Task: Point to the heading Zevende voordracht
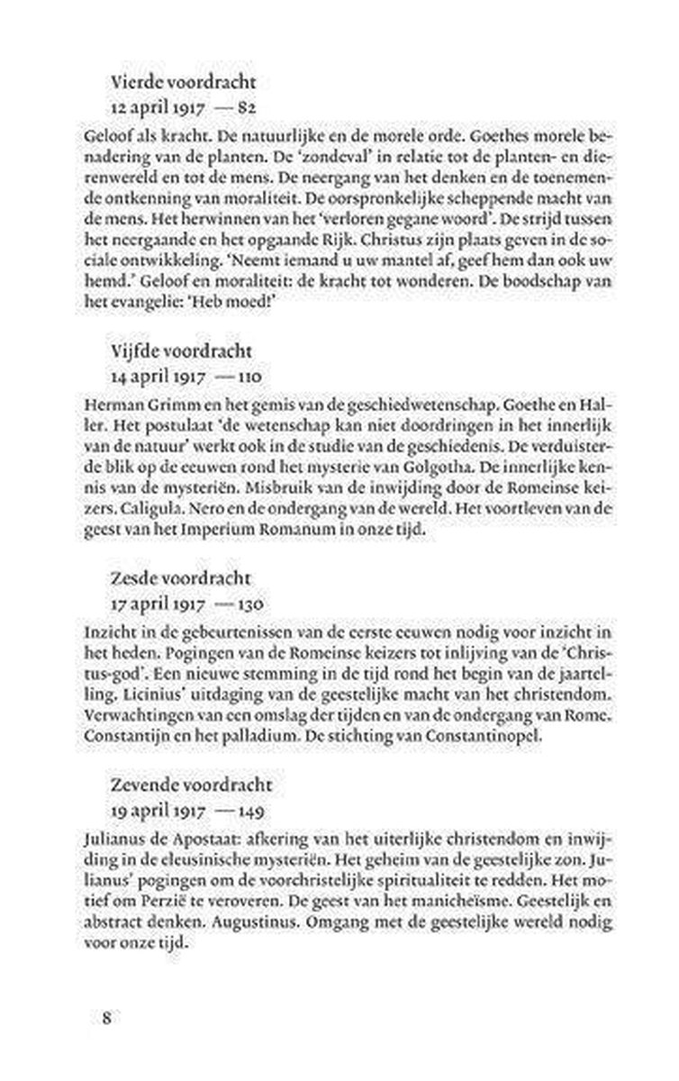click(x=191, y=786)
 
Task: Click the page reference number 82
click(x=249, y=106)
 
